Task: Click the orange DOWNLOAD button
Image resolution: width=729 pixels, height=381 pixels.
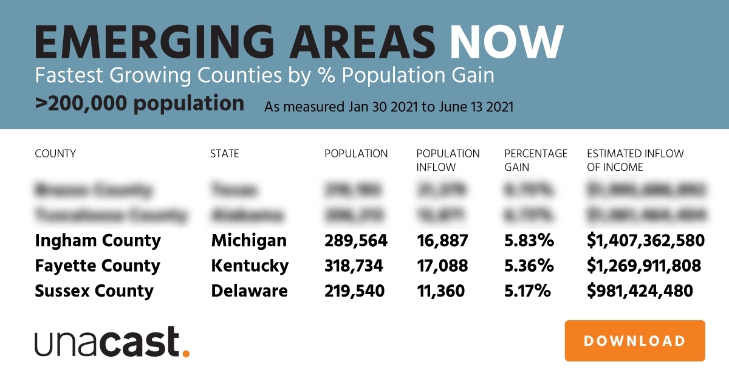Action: click(x=635, y=341)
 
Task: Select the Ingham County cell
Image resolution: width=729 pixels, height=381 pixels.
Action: click(x=98, y=241)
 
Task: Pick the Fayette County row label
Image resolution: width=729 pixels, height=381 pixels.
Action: click(x=97, y=266)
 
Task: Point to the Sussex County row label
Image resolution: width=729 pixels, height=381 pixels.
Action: click(x=94, y=291)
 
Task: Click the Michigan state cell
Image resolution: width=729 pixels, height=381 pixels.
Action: click(x=248, y=241)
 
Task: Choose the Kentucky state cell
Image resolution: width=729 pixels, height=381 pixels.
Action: click(x=250, y=266)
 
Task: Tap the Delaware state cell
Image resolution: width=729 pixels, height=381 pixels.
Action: click(x=249, y=291)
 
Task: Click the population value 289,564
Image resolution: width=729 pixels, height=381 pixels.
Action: click(x=355, y=241)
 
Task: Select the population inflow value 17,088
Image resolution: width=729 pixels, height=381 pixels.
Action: click(x=442, y=266)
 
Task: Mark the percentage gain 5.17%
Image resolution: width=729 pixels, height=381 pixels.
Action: click(x=528, y=291)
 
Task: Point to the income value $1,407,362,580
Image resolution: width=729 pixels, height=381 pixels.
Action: click(x=645, y=241)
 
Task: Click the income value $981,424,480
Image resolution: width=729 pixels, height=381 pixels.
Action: click(x=640, y=291)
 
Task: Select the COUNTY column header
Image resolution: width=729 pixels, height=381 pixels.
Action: click(x=55, y=154)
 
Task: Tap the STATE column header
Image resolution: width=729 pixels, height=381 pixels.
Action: click(x=225, y=154)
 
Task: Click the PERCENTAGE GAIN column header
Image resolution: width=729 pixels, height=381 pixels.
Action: click(x=536, y=160)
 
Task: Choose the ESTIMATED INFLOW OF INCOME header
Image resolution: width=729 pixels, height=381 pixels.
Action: click(x=635, y=160)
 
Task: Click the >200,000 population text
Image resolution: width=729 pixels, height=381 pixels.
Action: click(x=139, y=103)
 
